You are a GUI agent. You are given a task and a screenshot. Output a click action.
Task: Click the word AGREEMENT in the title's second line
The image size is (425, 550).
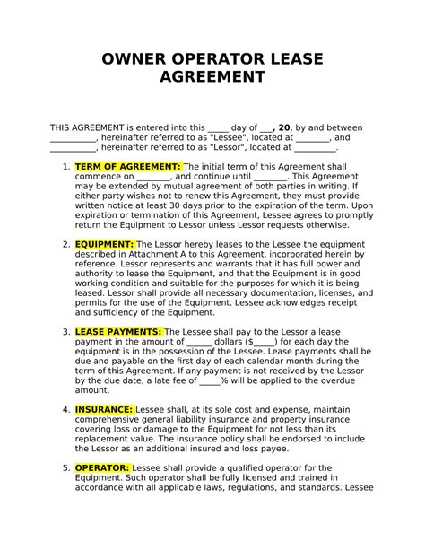coord(212,78)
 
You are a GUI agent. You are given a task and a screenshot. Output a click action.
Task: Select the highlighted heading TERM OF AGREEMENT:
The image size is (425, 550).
coord(141,167)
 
